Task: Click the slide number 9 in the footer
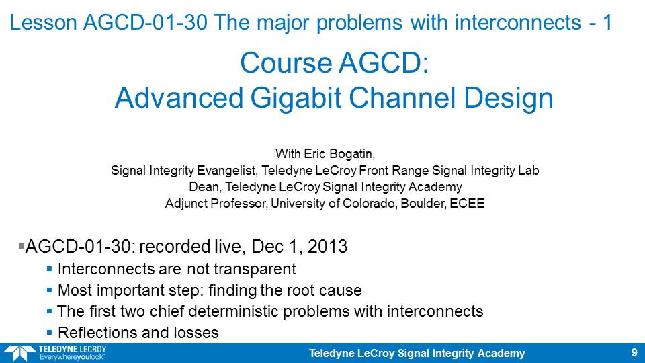tap(634, 353)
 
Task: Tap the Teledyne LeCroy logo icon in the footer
tap(19, 353)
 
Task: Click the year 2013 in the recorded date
tap(327, 246)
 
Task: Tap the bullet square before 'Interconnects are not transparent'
tap(49, 269)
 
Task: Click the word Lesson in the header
tap(43, 22)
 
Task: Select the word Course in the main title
tap(286, 63)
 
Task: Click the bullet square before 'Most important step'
tap(49, 290)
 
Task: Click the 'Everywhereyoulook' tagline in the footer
tap(72, 357)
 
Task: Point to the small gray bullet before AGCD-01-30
tap(21, 246)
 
